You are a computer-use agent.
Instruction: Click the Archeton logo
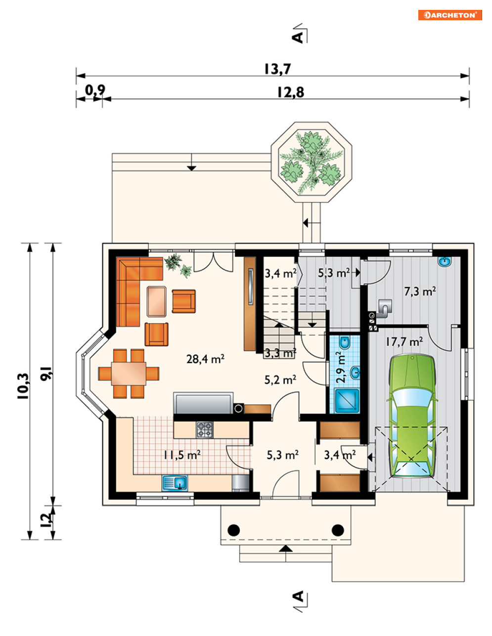450,15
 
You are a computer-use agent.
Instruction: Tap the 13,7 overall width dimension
277,69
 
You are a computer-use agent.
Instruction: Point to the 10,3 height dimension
23,386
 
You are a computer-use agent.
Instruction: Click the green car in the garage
412,416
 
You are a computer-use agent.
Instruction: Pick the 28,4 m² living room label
205,359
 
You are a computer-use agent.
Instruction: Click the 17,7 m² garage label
404,341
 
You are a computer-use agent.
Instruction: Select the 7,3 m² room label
420,291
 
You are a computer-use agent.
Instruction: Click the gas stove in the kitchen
204,429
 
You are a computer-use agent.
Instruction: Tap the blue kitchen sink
175,483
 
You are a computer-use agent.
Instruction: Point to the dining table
129,374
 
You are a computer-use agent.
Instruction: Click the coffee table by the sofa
157,301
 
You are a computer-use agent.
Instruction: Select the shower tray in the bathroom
347,401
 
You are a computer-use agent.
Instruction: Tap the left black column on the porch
233,530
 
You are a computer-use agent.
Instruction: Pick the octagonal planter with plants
312,162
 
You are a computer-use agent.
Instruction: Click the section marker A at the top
298,38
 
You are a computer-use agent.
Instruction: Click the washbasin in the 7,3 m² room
445,261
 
